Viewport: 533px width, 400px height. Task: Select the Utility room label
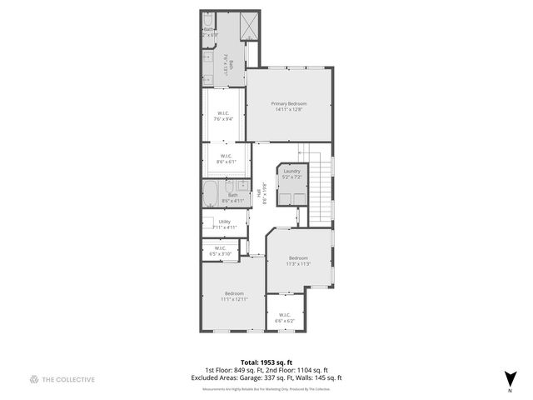tap(224, 223)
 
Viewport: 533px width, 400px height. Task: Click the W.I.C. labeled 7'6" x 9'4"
tap(223, 116)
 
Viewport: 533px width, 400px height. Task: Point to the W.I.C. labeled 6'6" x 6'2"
tap(285, 317)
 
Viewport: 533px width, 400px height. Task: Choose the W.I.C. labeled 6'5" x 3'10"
tap(220, 250)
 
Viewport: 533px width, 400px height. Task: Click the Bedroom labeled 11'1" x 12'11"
tap(233, 296)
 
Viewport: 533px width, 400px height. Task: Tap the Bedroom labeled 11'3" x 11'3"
tap(298, 261)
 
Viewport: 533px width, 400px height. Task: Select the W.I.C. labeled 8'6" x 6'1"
tap(225, 158)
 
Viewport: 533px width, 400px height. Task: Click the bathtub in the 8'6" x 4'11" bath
tap(211, 196)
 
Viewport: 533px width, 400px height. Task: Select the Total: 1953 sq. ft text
tap(266, 362)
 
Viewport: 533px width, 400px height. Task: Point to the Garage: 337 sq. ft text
tap(280, 377)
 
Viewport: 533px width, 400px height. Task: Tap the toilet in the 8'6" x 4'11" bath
tap(242, 187)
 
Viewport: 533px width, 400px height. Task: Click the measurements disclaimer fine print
tap(266, 389)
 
